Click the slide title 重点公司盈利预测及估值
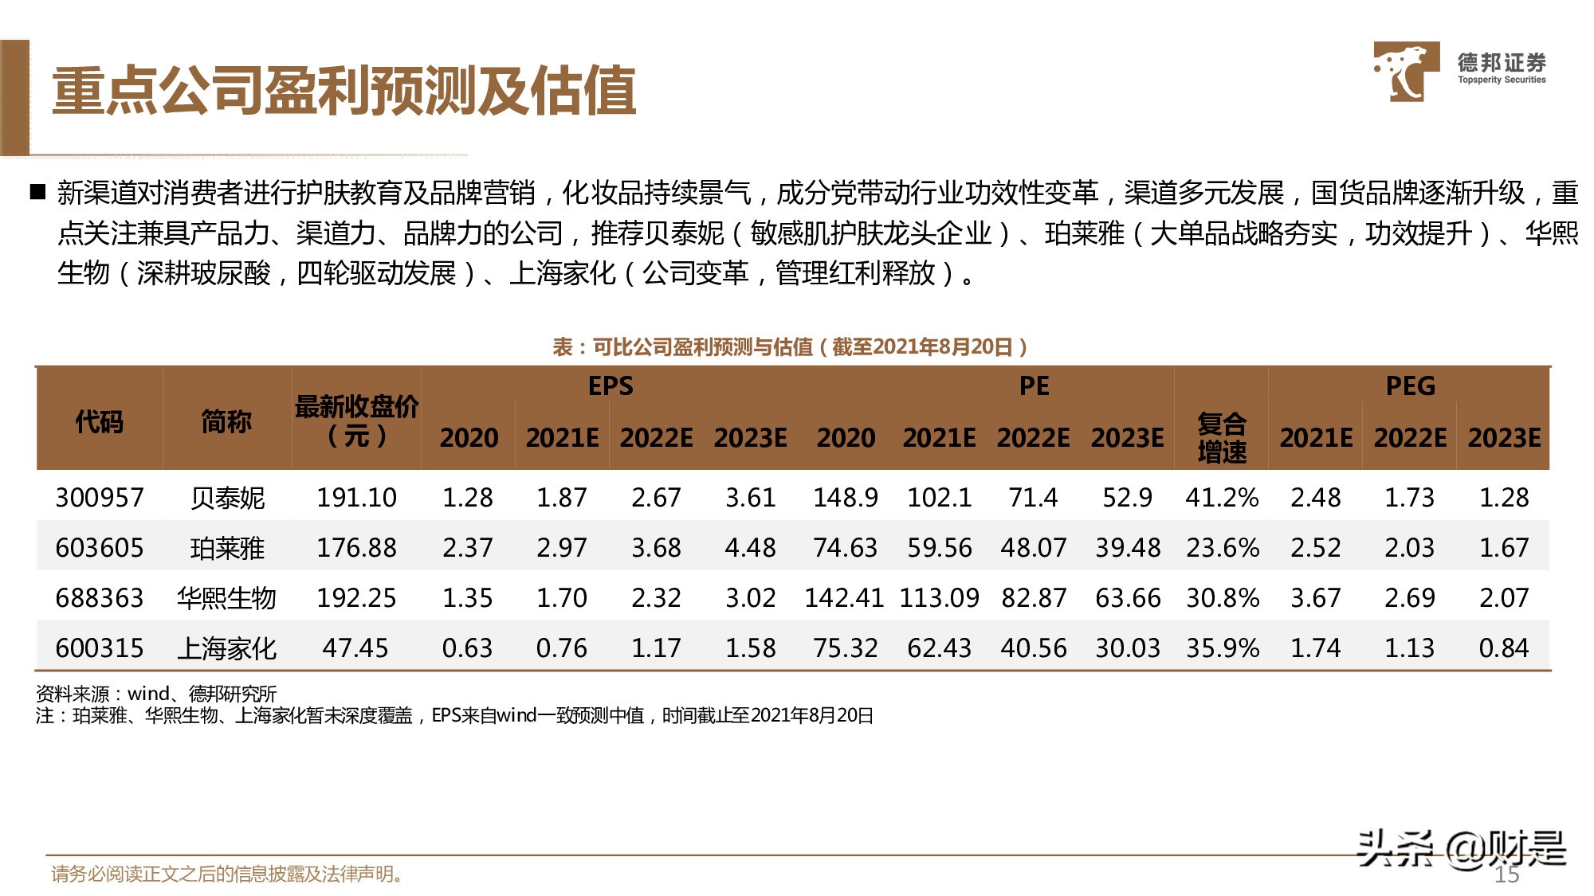344,91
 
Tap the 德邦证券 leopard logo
1405,72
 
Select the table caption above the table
790,346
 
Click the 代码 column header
100,421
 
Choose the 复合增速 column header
1221,437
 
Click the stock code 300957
100,498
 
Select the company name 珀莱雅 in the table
227,548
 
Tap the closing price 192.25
356,598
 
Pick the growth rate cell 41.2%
1222,498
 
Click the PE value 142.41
844,598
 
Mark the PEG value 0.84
1503,648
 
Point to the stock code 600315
100,648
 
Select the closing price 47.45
355,648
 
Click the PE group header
1034,386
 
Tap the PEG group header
1410,386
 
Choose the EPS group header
611,386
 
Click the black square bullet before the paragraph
37,192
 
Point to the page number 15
1506,874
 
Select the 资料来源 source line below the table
156,694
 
